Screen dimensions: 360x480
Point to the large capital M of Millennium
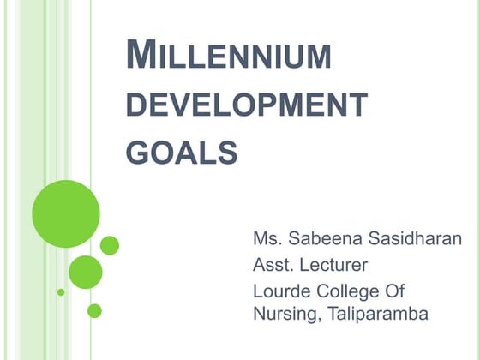click(141, 56)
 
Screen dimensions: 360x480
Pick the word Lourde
click(279, 291)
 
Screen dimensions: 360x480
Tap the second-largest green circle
click(85, 272)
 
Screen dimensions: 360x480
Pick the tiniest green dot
click(61, 292)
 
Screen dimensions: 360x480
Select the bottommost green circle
click(94, 310)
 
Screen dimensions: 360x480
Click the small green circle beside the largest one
click(109, 245)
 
